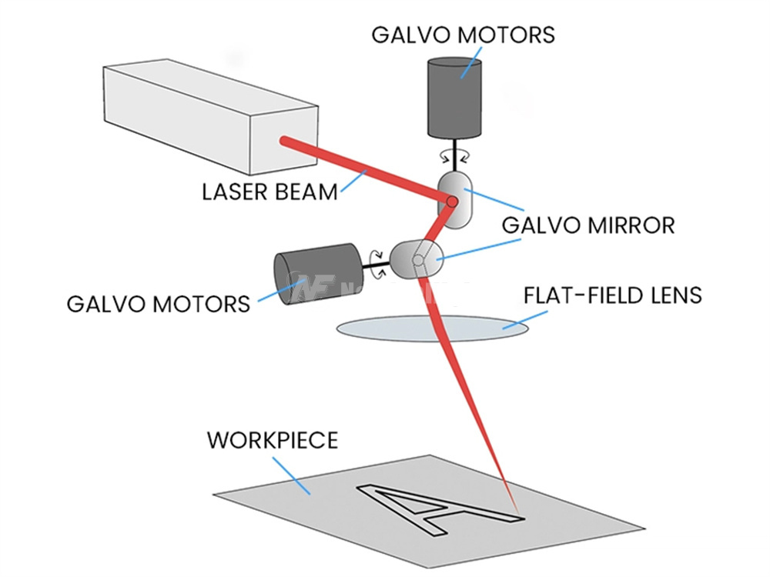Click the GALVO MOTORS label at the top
(x=462, y=35)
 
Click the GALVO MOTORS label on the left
(x=159, y=302)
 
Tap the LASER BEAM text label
(x=269, y=191)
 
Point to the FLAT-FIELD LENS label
(x=612, y=295)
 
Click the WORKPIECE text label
(x=272, y=440)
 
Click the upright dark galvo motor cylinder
(x=454, y=96)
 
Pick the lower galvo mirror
(x=416, y=259)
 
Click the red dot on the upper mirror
(x=451, y=202)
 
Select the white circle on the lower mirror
(x=417, y=260)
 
